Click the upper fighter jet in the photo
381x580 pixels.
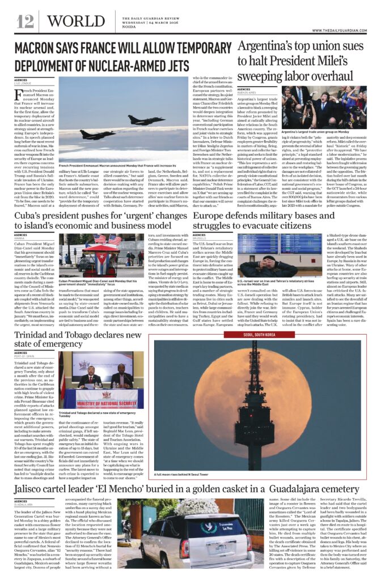139,121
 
